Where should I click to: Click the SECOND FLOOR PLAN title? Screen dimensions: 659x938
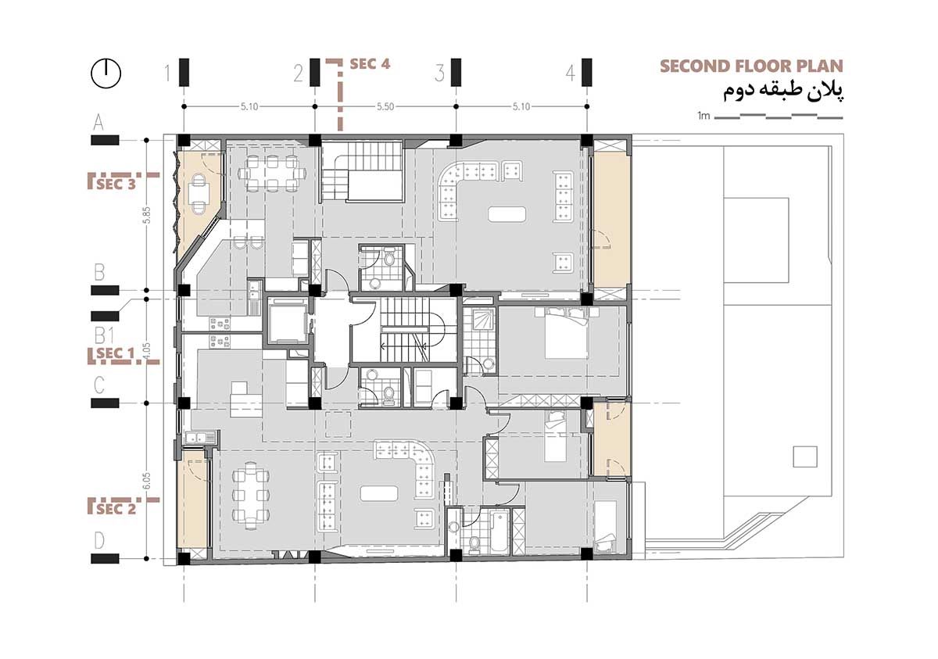pos(752,66)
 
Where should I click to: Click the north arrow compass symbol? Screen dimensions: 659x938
pos(106,73)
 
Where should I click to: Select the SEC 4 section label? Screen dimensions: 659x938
pos(370,64)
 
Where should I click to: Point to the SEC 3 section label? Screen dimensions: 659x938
pos(115,184)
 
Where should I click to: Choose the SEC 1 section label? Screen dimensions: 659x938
pos(115,354)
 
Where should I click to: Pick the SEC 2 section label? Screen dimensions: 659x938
pos(116,508)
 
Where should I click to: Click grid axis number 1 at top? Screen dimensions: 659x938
pos(167,73)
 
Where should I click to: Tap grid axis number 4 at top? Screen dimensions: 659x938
pos(571,73)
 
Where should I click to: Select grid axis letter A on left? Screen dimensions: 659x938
pos(99,122)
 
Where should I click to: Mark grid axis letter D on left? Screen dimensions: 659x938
pos(99,540)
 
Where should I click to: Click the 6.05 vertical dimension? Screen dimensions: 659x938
pos(145,480)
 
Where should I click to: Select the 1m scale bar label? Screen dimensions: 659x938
pos(703,116)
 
